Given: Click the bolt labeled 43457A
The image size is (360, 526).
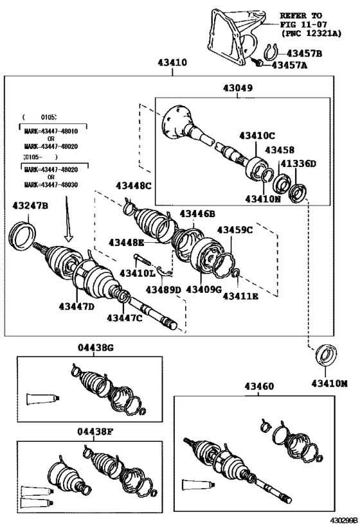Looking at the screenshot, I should click(x=257, y=63).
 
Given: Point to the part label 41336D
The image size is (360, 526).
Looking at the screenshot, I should click(x=300, y=164).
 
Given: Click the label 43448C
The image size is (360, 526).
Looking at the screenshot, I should click(x=134, y=186).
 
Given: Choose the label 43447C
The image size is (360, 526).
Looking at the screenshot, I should click(x=125, y=317).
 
